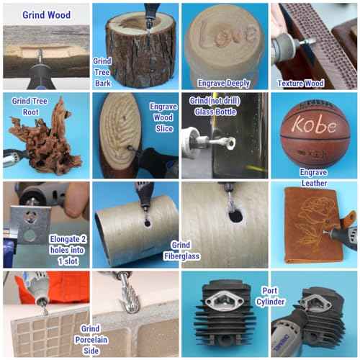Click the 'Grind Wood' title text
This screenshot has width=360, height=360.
click(x=47, y=15)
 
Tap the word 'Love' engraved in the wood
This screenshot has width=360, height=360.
click(x=226, y=35)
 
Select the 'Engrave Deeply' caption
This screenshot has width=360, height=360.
click(x=224, y=84)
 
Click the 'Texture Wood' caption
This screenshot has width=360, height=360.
click(x=301, y=84)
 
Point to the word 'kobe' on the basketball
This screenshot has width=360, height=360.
click(x=315, y=125)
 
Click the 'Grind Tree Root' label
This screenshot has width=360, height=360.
click(x=30, y=107)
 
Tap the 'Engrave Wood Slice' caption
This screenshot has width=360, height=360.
click(x=163, y=117)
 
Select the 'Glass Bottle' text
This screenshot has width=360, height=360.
click(x=215, y=112)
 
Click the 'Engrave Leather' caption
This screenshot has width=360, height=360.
click(x=314, y=178)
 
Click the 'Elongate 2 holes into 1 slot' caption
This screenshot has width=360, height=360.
click(x=68, y=250)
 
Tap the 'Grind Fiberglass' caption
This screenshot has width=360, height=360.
click(x=181, y=251)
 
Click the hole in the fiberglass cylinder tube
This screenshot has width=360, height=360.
click(x=148, y=223)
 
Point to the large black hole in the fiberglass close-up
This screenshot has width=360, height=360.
click(x=236, y=216)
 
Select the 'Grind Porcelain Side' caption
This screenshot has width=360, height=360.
click(x=91, y=340)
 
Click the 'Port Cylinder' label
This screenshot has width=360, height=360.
click(x=270, y=296)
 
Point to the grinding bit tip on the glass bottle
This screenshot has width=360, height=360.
click(x=231, y=143)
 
